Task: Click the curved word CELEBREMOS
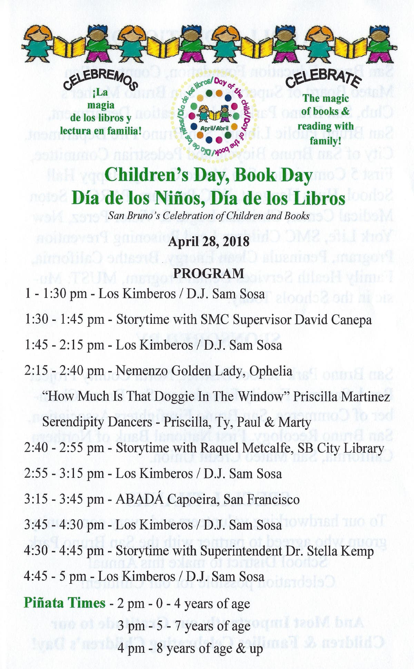(100, 80)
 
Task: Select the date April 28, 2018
(208, 241)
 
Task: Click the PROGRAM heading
(208, 273)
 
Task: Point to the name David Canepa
(333, 320)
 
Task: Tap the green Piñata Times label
(65, 603)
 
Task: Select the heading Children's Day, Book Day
(208, 176)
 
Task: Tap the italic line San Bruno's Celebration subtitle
(208, 216)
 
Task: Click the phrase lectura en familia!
(101, 131)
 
